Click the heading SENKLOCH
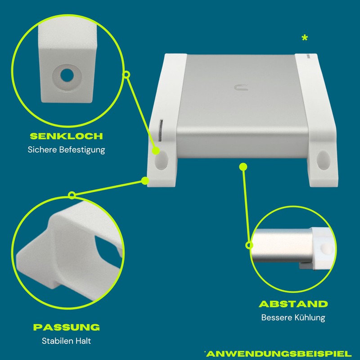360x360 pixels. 66,136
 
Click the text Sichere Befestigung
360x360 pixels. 66,150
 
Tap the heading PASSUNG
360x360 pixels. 66,327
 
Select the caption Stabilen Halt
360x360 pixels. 66,341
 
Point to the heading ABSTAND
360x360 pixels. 293,304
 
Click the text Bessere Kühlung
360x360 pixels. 293,318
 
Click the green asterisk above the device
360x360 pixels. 305,39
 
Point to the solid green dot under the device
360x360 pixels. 243,166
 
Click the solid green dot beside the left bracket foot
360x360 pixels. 145,181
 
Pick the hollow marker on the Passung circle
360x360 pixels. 72,195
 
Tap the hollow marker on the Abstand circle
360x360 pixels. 249,245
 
